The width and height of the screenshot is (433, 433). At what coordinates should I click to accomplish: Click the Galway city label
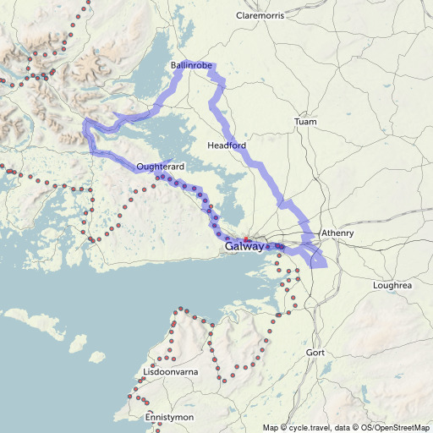pyautogui.click(x=244, y=247)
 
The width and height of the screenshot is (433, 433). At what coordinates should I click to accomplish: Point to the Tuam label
pyautogui.click(x=305, y=123)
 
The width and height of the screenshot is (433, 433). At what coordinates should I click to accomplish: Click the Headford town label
pyautogui.click(x=227, y=146)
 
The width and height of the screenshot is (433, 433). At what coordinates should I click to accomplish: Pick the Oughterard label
pyautogui.click(x=160, y=167)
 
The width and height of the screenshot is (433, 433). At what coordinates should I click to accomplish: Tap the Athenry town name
pyautogui.click(x=337, y=233)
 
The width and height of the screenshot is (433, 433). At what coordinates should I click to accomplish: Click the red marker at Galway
pyautogui.click(x=246, y=239)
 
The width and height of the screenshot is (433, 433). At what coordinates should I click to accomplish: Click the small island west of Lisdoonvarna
pyautogui.click(x=77, y=344)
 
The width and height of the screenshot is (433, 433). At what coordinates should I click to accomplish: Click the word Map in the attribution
pyautogui.click(x=271, y=427)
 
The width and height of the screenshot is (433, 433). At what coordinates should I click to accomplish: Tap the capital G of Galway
pyautogui.click(x=230, y=247)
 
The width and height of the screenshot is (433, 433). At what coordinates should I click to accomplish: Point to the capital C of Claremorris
pyautogui.click(x=241, y=15)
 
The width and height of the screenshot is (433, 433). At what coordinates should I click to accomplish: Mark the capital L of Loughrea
pyautogui.click(x=375, y=286)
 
